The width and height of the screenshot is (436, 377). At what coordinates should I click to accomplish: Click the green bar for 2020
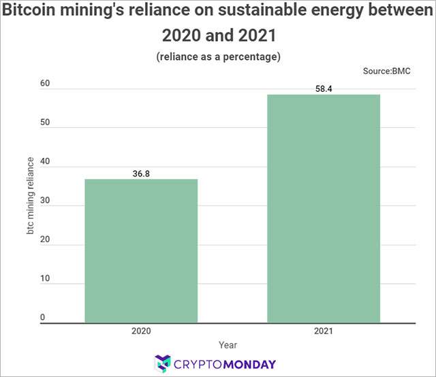pos(140,251)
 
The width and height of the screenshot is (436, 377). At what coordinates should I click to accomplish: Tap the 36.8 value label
pos(140,174)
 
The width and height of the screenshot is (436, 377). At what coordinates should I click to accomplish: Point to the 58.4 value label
pos(323,88)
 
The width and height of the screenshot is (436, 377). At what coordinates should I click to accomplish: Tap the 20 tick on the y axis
pos(45,240)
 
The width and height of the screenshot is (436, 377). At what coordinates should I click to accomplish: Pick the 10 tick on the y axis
pos(45,279)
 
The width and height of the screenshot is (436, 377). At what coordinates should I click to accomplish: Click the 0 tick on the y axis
pos(42,317)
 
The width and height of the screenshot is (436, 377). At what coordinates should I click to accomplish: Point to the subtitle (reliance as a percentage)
pos(218,56)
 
